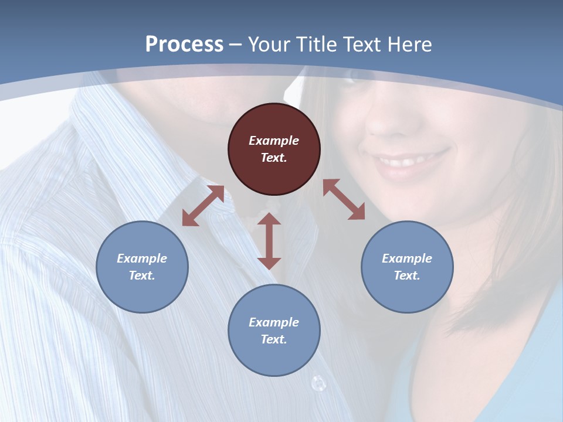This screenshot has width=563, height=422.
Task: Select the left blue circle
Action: point(142,267)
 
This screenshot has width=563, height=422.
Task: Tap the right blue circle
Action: point(407,267)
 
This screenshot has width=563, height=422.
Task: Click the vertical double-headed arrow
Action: point(269,241)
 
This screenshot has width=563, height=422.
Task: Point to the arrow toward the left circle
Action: point(203,206)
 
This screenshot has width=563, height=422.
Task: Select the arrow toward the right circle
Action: point(344,199)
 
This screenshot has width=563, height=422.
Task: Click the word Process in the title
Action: point(184,45)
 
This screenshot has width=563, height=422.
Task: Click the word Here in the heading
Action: point(410,45)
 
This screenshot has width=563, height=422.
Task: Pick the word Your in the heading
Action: point(270,45)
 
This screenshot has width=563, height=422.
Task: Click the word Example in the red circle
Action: point(274,141)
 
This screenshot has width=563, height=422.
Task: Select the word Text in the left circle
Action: point(142,275)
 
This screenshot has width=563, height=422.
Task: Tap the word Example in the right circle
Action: point(407,258)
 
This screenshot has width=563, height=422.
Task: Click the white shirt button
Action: point(318,383)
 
